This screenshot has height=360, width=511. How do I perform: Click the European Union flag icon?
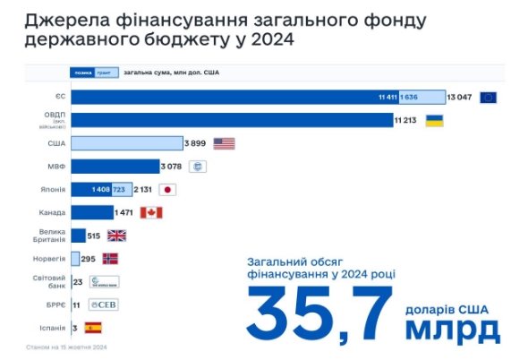(488, 97)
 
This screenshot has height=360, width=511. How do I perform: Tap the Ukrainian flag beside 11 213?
(434, 120)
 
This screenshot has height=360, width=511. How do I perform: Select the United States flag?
(224, 143)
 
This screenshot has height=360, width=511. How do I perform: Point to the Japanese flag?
(167, 190)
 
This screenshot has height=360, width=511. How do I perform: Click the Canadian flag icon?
(151, 212)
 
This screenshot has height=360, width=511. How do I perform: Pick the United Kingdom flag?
(117, 236)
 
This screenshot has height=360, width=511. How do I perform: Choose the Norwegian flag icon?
(110, 259)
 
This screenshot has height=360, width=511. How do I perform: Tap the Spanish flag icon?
(93, 329)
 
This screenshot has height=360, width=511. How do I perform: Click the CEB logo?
(102, 305)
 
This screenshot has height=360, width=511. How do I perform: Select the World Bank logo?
(104, 282)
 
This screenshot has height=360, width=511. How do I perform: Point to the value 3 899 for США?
(197, 143)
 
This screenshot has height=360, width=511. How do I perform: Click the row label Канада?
(52, 212)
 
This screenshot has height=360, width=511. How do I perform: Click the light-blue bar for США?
(126, 143)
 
